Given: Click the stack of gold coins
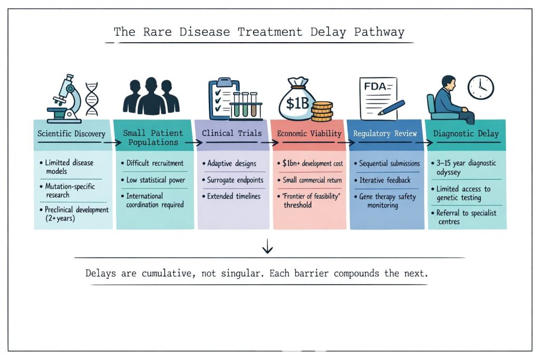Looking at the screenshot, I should pyautogui.click(x=322, y=112).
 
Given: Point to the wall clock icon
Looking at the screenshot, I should pyautogui.click(x=481, y=87).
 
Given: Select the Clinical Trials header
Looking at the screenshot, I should pyautogui.click(x=232, y=133).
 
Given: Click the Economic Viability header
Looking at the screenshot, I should pyautogui.click(x=309, y=134).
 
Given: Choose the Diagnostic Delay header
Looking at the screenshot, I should pyautogui.click(x=466, y=134).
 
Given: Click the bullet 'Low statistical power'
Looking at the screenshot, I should pyautogui.click(x=156, y=180).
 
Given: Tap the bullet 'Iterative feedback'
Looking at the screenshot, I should pyautogui.click(x=384, y=180).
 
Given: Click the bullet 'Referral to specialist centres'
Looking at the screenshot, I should pyautogui.click(x=466, y=218).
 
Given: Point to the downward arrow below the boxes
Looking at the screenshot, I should pyautogui.click(x=268, y=246).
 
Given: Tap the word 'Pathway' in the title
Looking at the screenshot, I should pyautogui.click(x=379, y=32).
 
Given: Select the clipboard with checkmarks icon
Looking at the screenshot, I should pyautogui.click(x=223, y=96).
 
